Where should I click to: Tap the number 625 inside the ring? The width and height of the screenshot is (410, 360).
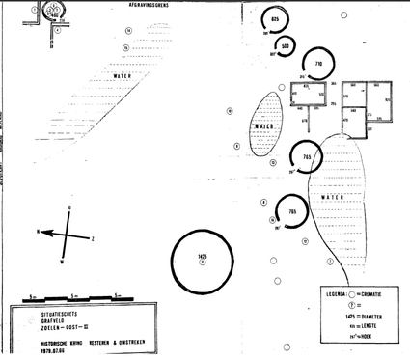pyautogui.click(x=275, y=20)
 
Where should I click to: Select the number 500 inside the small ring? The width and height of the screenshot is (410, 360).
pyautogui.click(x=286, y=45)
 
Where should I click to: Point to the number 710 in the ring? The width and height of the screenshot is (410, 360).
pyautogui.click(x=318, y=64)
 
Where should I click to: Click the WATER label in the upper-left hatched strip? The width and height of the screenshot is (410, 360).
pyautogui.click(x=123, y=74)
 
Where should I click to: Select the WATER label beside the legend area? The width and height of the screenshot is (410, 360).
pyautogui.click(x=333, y=197)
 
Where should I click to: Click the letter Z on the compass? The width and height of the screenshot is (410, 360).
pyautogui.click(x=92, y=238)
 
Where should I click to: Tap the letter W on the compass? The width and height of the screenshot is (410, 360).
pyautogui.click(x=63, y=262)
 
